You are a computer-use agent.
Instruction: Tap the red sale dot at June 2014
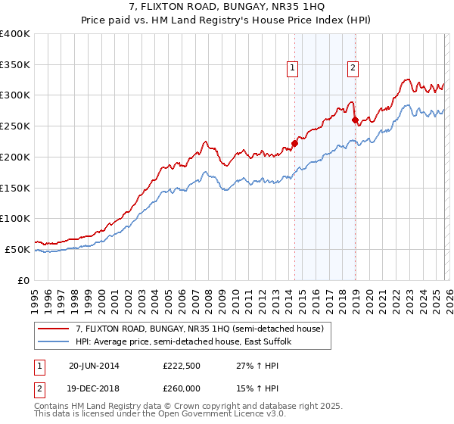(294, 143)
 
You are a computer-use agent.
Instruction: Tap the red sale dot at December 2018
(355, 120)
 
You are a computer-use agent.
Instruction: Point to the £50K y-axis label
(17, 249)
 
